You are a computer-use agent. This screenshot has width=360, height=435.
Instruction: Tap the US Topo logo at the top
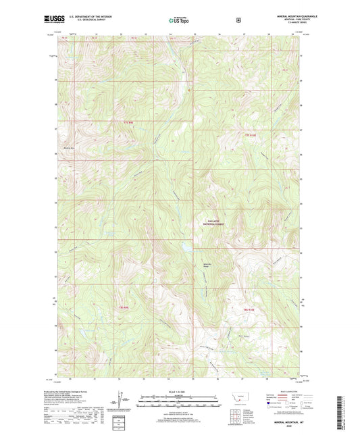pos(179,21)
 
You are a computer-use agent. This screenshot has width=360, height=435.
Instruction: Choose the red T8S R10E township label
pos(249,309)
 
